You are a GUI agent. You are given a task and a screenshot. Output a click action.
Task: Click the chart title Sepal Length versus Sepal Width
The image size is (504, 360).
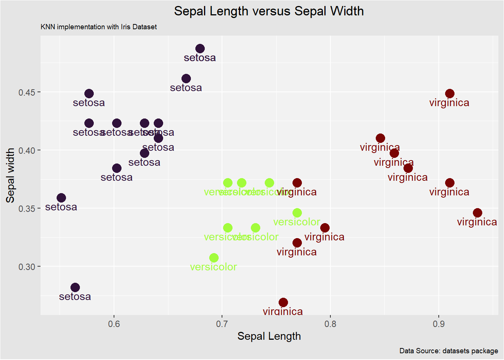coord(268,11)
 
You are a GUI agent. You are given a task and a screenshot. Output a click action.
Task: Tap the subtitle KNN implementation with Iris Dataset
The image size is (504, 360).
coord(99,27)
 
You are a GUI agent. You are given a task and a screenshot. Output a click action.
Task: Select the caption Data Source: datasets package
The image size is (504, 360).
coord(448,351)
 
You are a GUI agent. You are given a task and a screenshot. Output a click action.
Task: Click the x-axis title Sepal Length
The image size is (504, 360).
coord(269,336)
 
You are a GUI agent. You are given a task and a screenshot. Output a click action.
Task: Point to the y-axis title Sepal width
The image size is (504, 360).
coord(10,175)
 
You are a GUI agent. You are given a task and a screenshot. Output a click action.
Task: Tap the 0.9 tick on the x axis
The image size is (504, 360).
coord(438,324)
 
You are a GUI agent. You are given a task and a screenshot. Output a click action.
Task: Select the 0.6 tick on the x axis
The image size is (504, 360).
coord(114,324)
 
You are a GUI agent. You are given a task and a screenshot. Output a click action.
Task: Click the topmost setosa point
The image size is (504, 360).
coord(200,48)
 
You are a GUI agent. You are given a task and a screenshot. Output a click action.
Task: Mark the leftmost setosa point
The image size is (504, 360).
coord(61,198)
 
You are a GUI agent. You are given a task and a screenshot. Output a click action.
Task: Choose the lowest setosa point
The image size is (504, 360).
coord(75,287)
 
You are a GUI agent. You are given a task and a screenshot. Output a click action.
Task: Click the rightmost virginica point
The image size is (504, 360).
coord(477,213)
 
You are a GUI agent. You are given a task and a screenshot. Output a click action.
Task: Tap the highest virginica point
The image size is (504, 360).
coord(450,93)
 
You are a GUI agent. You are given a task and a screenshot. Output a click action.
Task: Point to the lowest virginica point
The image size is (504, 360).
coord(283,302)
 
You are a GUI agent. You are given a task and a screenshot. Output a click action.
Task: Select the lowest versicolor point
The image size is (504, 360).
coord(214,258)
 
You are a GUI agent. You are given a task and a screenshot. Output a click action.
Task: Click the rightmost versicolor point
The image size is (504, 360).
coord(297,213)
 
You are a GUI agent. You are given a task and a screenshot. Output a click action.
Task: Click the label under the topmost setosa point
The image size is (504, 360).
coord(200,58)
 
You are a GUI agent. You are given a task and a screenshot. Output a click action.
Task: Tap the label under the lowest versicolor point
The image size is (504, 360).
coord(214,267)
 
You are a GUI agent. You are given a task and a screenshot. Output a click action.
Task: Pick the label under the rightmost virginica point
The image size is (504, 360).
coord(477,222)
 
